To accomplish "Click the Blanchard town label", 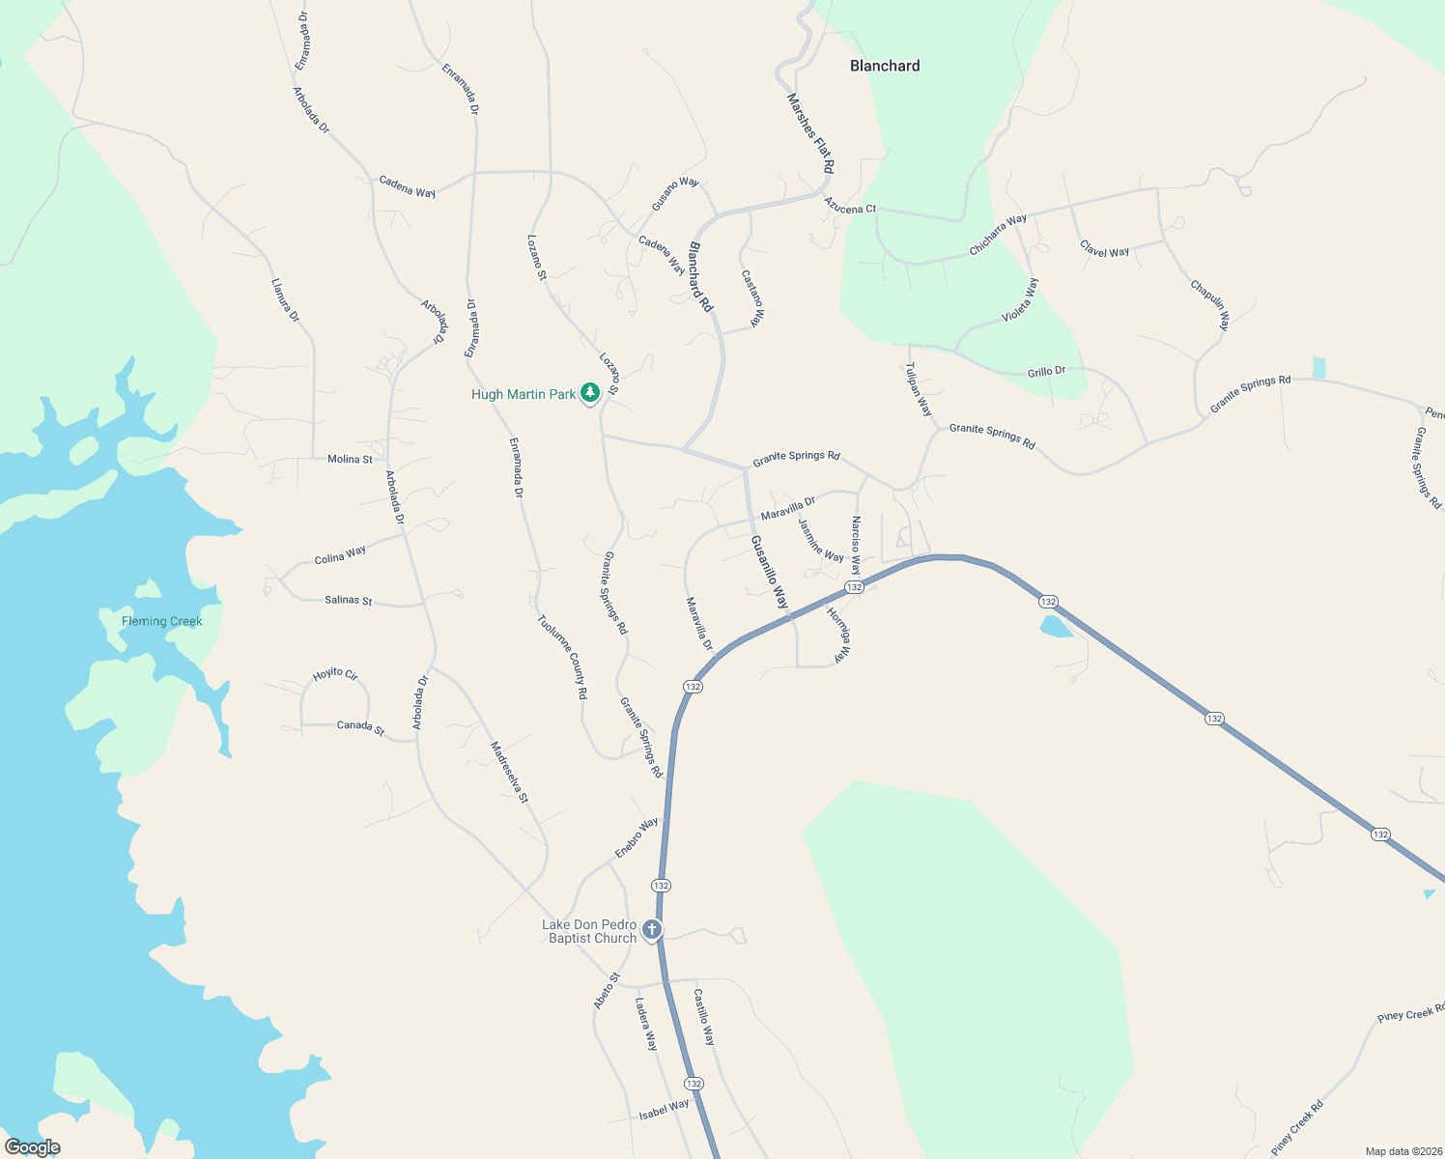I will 884,66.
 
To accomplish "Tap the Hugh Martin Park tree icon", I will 589,392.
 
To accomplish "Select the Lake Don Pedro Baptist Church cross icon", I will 652,930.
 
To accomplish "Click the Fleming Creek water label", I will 162,621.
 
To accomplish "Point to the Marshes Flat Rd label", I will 810,133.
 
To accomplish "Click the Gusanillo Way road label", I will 770,572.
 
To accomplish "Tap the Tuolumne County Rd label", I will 562,657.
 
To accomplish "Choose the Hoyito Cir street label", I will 335,674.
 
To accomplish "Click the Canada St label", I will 360,726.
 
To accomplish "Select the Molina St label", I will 350,459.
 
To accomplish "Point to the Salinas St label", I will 349,600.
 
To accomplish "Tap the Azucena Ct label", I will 850,207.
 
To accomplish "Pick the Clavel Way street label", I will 1105,250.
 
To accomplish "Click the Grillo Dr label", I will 1046,372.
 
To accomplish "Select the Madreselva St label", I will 509,772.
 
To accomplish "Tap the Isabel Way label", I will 665,1110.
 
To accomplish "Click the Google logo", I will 32,1146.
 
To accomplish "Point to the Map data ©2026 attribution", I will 1401,1151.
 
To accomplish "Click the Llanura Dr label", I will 286,300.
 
